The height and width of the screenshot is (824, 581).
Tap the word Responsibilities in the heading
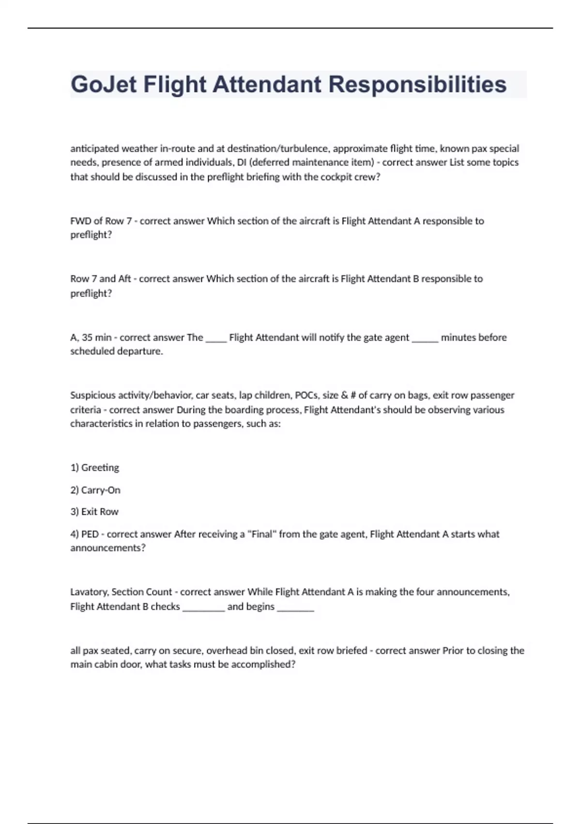(x=417, y=84)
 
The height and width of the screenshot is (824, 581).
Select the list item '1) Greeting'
(x=95, y=468)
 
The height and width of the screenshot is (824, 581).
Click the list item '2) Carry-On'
(x=95, y=490)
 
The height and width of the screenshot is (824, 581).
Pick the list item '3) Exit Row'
(x=94, y=512)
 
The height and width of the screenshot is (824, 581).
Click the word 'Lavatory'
(x=90, y=592)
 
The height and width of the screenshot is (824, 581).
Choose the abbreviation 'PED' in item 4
(x=90, y=534)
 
